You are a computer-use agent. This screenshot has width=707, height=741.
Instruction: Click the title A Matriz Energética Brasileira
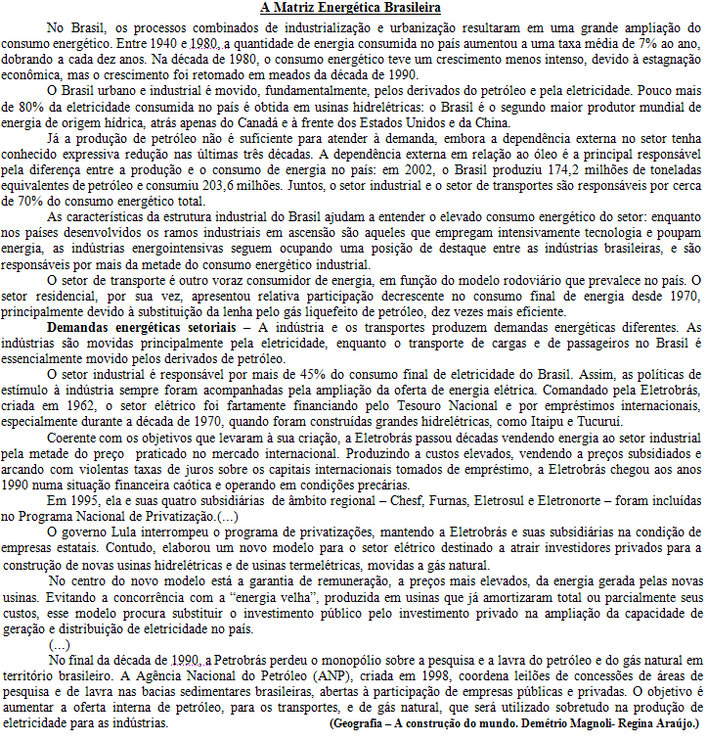pos(351,8)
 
